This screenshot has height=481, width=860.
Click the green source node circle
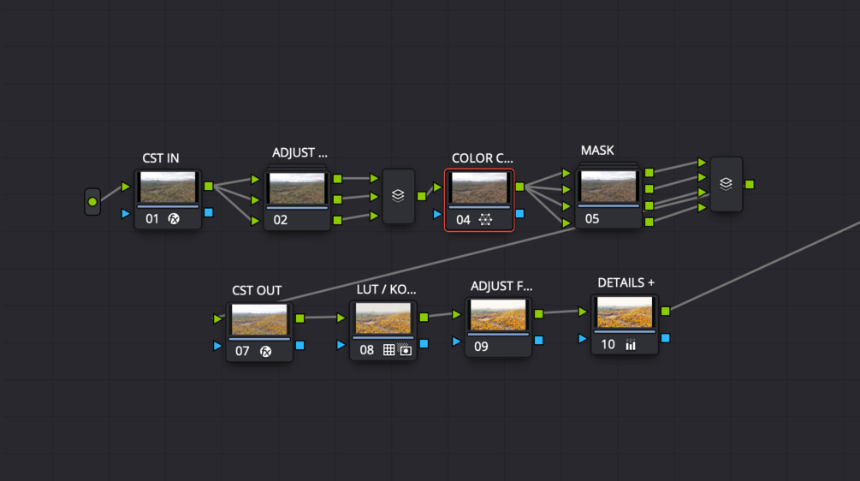pyautogui.click(x=92, y=202)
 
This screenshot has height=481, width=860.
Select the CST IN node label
pyautogui.click(x=161, y=158)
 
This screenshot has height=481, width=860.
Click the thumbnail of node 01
pyautogui.click(x=168, y=188)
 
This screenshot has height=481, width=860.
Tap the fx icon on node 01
pyautogui.click(x=175, y=219)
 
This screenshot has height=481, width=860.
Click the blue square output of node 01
pyautogui.click(x=209, y=213)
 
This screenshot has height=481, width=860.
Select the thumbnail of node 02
pyautogui.click(x=297, y=188)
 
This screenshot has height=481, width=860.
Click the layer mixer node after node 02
pyautogui.click(x=398, y=196)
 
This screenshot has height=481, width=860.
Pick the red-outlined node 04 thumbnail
pyautogui.click(x=479, y=188)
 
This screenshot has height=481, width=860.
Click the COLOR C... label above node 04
pyautogui.click(x=483, y=158)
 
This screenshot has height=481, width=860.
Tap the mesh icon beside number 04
pyautogui.click(x=486, y=220)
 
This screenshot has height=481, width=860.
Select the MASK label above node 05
pyautogui.click(x=597, y=151)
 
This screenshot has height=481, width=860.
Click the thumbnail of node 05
pyautogui.click(x=608, y=187)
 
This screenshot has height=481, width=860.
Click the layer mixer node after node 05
pyautogui.click(x=726, y=183)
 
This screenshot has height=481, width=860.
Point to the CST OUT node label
pyautogui.click(x=257, y=291)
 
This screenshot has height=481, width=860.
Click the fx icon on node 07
pyautogui.click(x=265, y=351)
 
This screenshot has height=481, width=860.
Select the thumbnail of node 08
pyautogui.click(x=383, y=318)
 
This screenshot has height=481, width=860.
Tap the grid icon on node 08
pyautogui.click(x=388, y=350)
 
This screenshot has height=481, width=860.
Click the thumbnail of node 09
pyautogui.click(x=498, y=315)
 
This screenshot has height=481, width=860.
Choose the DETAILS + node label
pyautogui.click(x=626, y=283)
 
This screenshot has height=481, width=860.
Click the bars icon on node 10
pyautogui.click(x=631, y=345)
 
